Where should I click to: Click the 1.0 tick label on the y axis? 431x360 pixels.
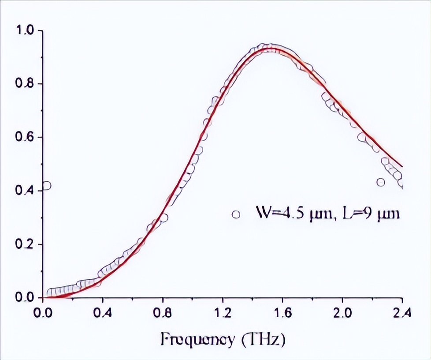(x=24, y=30)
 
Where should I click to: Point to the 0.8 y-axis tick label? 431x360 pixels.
(x=24, y=84)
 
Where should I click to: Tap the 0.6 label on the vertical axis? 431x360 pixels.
(x=24, y=137)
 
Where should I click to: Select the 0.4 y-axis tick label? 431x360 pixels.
(x=24, y=191)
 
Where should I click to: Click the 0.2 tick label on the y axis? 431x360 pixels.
(x=24, y=244)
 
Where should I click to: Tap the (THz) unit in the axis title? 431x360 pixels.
(x=264, y=341)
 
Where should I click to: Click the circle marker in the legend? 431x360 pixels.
(x=236, y=214)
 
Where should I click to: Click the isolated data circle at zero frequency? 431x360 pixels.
(x=46, y=186)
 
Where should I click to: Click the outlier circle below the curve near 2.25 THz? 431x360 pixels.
(x=381, y=182)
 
